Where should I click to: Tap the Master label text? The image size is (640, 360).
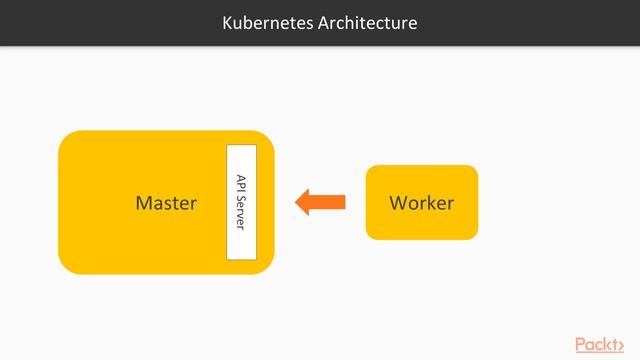[x=166, y=203]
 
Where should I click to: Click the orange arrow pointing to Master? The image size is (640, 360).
[x=320, y=203]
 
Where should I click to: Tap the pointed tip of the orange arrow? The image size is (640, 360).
[x=297, y=203]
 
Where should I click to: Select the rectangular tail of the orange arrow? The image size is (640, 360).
[x=332, y=203]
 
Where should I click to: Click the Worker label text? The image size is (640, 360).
[x=421, y=203]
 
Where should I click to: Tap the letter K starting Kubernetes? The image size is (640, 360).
[x=227, y=22]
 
